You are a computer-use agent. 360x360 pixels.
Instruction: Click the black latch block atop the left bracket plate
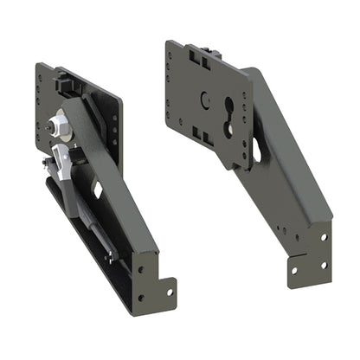[x=66, y=80]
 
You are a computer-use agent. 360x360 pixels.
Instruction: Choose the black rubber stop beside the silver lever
[x=75, y=154]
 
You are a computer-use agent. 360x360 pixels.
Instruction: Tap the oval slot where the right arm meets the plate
[x=258, y=152]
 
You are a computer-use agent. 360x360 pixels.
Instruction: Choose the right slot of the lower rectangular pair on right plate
[x=207, y=138]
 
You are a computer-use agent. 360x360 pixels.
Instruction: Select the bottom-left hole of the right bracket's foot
[x=293, y=270]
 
